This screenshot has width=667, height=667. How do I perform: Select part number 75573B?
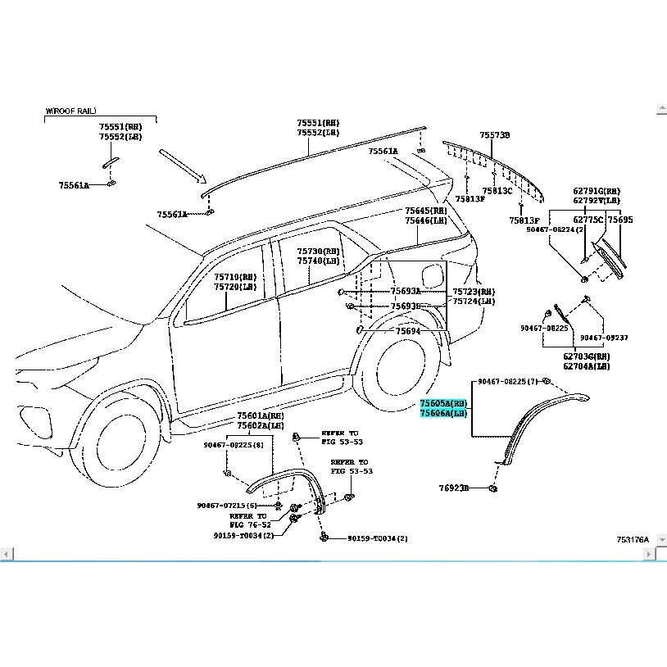(495, 134)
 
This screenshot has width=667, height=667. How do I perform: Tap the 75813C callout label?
(497, 190)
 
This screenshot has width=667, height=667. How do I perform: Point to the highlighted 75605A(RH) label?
(443, 404)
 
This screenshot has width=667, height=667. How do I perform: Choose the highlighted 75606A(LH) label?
(443, 414)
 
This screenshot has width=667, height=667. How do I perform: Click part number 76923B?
(453, 488)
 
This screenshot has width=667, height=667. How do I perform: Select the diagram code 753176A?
(633, 539)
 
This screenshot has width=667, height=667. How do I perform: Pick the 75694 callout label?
(407, 331)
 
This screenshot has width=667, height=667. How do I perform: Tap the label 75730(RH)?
(318, 252)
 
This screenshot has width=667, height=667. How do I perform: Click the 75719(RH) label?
(235, 278)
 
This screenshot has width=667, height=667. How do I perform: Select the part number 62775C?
(588, 220)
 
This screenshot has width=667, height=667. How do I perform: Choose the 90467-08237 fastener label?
(604, 337)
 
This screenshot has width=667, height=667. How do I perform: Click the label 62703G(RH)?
(586, 356)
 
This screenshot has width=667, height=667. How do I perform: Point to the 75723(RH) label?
(474, 292)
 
